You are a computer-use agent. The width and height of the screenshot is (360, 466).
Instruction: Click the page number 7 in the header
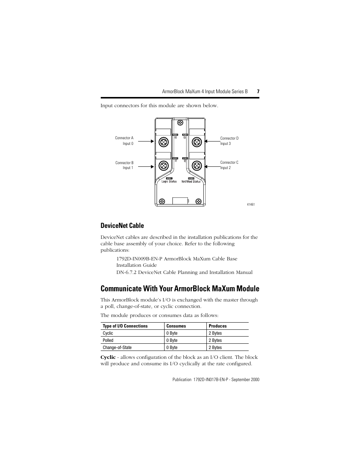258,91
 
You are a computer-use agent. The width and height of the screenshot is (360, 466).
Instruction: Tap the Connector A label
124,138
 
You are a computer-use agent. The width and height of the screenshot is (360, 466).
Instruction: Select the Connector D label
229,138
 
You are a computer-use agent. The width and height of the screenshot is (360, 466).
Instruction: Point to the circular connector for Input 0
163,142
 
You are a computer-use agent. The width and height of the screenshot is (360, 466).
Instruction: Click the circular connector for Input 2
197,165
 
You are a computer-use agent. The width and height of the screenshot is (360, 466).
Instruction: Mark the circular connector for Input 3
197,142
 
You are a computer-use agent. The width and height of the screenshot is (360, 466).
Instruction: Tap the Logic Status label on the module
169,181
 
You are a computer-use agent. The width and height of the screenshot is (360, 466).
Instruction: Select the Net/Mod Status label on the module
191,181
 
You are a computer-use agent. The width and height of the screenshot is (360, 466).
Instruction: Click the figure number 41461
251,205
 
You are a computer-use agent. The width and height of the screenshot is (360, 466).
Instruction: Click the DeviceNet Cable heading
122,226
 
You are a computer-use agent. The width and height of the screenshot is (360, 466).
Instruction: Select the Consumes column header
176,326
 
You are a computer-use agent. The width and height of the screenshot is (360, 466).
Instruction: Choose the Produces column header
218,326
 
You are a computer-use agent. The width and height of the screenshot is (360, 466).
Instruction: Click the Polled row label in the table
108,340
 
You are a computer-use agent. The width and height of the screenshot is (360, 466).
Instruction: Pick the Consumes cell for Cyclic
172,333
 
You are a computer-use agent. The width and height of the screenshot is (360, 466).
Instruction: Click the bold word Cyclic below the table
108,357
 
